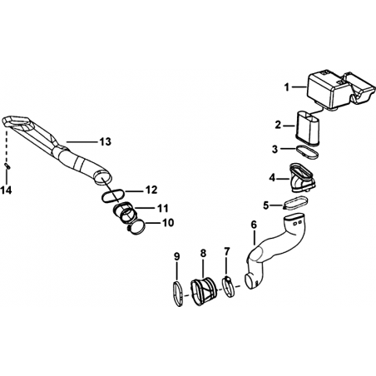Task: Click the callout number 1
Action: point(287,87)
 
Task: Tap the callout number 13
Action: point(106,141)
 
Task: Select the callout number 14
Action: point(6,190)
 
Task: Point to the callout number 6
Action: point(254,225)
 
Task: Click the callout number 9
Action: point(177,256)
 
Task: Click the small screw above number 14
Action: point(7,166)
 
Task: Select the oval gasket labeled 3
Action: point(308,152)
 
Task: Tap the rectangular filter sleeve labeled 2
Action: point(308,127)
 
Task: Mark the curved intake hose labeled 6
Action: point(277,250)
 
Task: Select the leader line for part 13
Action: point(82,142)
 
